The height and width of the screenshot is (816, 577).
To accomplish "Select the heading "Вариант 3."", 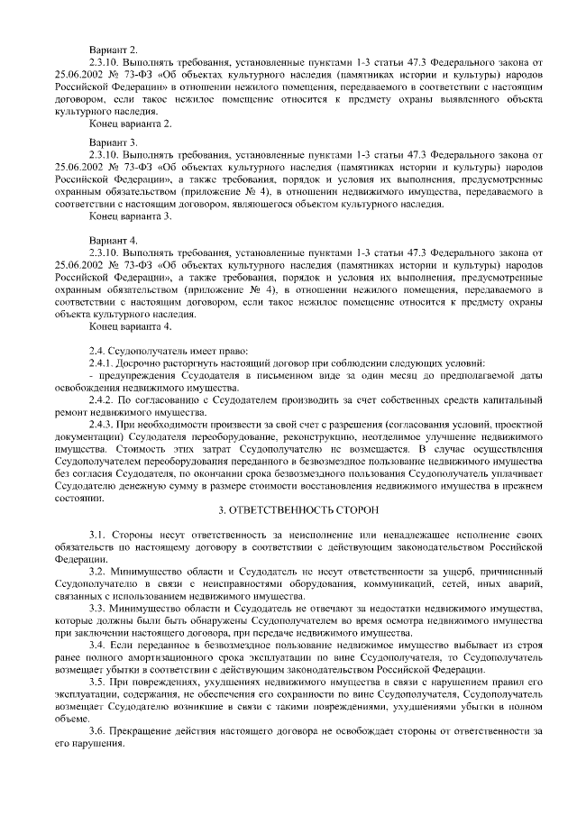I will click(114, 142).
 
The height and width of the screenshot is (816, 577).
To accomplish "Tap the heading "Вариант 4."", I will click(114, 240).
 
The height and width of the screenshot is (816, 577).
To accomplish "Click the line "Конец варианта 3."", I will click(130, 216).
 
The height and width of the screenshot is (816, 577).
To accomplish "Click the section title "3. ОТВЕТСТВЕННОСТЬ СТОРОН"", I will click(288, 509).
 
